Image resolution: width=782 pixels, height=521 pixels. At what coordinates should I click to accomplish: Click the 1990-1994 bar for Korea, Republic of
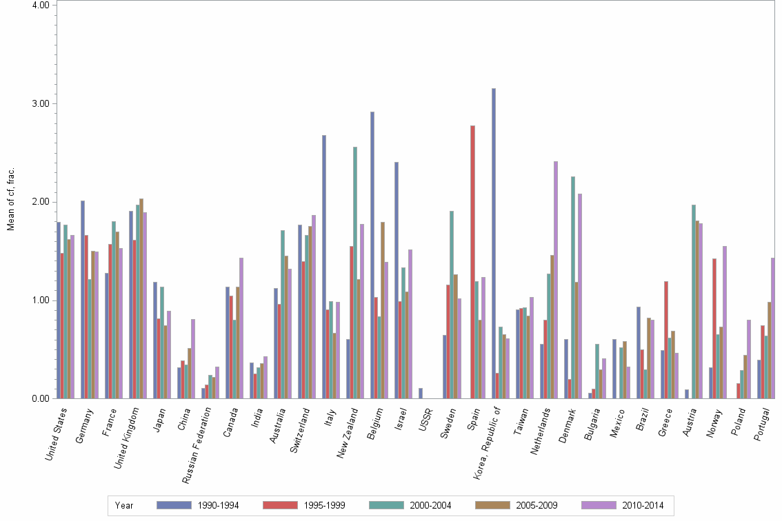pyautogui.click(x=494, y=243)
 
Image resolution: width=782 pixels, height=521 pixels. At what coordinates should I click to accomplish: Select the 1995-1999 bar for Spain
pyautogui.click(x=473, y=262)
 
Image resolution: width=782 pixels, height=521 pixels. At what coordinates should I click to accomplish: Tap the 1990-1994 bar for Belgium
pyautogui.click(x=372, y=255)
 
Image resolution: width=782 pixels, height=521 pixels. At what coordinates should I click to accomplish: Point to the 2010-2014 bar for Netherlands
pyautogui.click(x=556, y=280)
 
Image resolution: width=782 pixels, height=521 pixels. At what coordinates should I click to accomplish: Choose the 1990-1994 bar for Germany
pyautogui.click(x=83, y=299)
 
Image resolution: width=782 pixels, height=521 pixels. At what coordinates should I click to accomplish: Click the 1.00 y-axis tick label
pyautogui.click(x=42, y=300)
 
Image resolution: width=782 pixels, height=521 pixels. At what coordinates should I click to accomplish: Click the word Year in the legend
pyautogui.click(x=125, y=506)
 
